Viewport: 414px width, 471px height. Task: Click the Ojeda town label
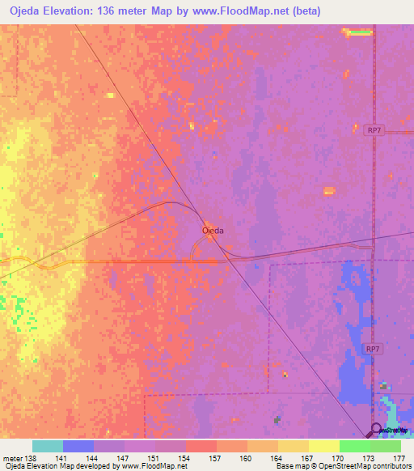point(213,231)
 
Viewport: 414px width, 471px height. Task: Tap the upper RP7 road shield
point(373,129)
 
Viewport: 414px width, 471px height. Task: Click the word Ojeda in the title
point(28,11)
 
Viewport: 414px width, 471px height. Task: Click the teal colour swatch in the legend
point(47,446)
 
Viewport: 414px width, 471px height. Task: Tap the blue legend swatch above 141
point(78,446)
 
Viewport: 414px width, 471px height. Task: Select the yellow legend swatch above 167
point(294,446)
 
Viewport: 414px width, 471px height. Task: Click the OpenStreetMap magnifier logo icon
point(376,430)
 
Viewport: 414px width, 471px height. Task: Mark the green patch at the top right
point(359,32)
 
